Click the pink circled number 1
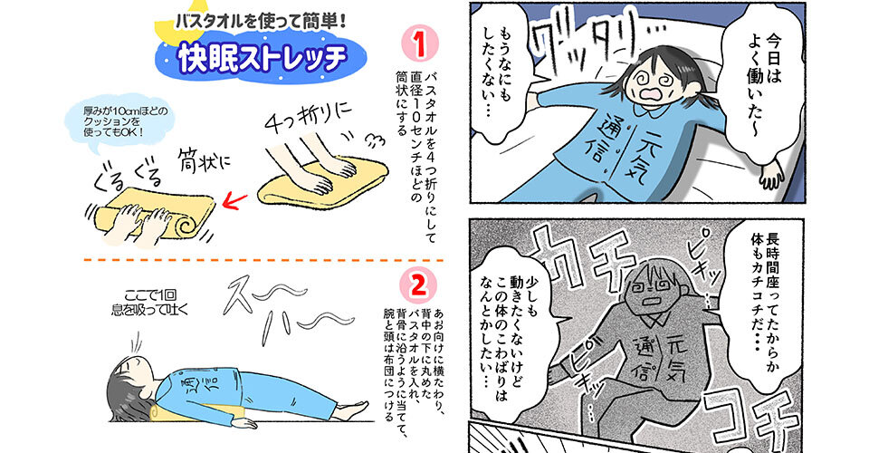tap(419, 43)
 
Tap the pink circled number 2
tap(418, 285)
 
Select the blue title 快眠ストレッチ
tap(262, 56)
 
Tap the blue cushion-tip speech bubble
tap(115, 123)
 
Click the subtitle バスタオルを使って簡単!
tap(261, 22)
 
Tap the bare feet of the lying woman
tap(349, 410)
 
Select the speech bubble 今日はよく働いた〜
tap(768, 78)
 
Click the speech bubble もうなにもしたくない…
tap(499, 69)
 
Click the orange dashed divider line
tap(263, 259)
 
